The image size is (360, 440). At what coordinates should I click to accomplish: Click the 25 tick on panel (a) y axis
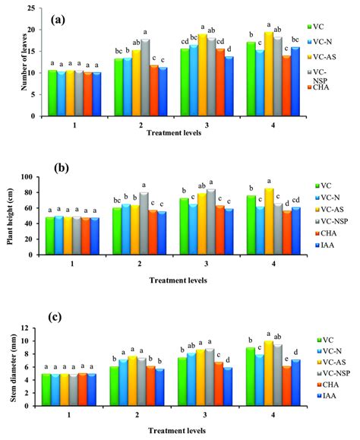click(x=30, y=8)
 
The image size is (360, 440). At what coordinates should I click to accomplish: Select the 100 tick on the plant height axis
click(x=28, y=177)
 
